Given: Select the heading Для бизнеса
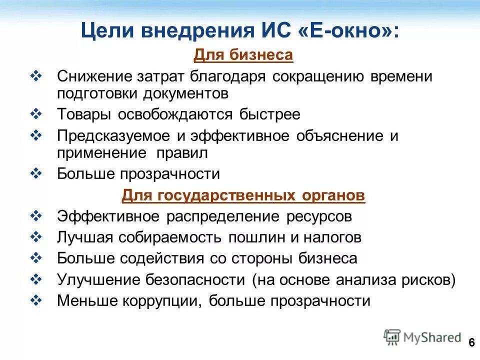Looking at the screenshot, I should click(243, 55).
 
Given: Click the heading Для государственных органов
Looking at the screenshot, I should click(243, 195).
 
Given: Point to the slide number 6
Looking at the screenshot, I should click(471, 342).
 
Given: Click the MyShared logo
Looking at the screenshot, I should click(422, 337).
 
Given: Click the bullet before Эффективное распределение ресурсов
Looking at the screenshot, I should click(37, 216).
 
